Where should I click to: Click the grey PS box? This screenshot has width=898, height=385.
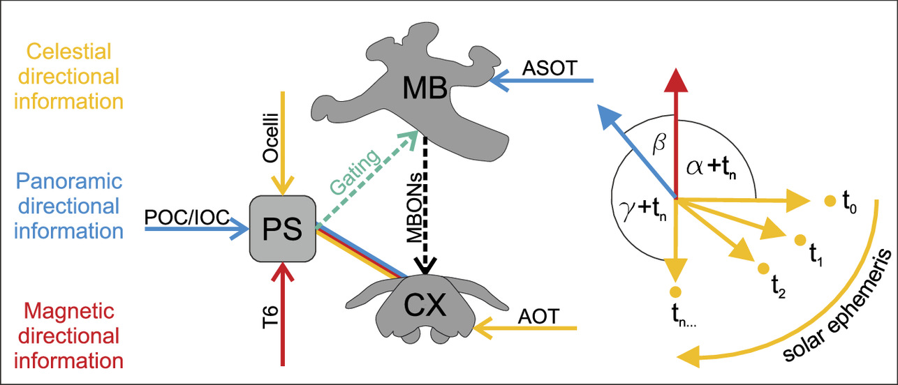pyautogui.click(x=283, y=227)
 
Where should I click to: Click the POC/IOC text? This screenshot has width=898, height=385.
pyautogui.click(x=187, y=218)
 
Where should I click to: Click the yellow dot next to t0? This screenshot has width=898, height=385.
pyautogui.click(x=829, y=202)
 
